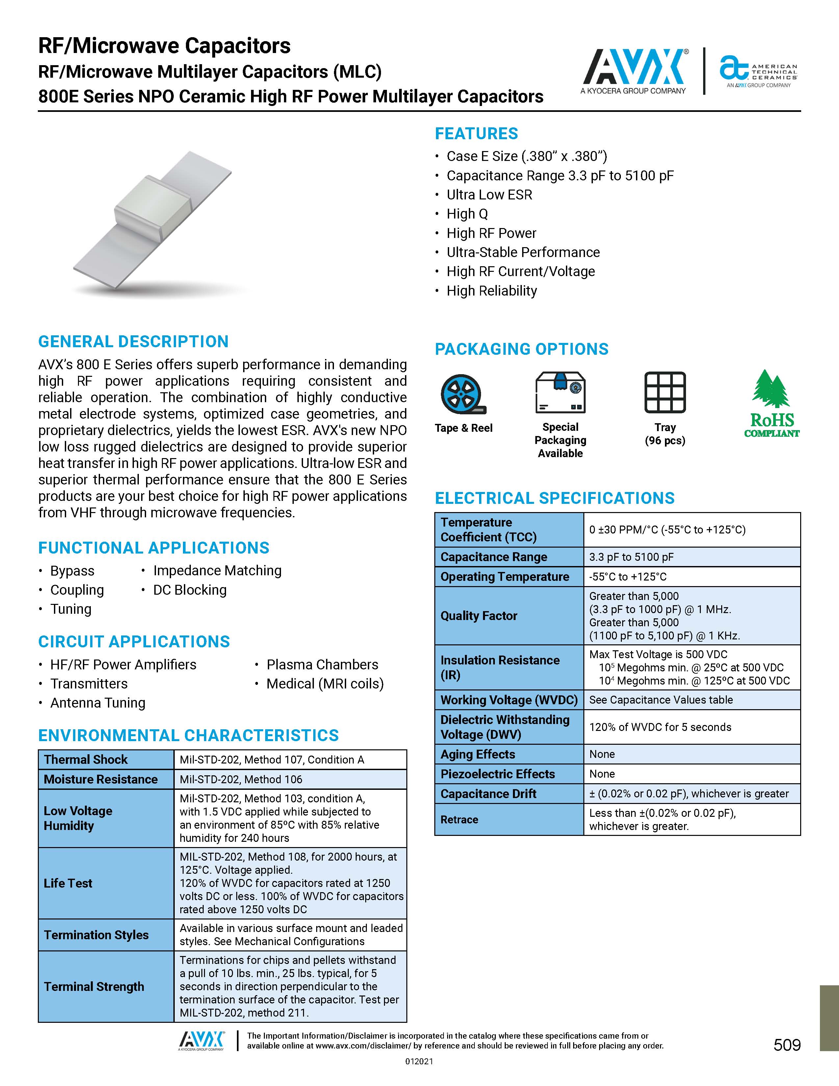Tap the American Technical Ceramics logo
758,72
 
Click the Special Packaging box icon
560,393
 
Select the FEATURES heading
476,134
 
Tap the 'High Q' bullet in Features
467,214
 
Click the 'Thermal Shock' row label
86,759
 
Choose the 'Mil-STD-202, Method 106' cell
241,779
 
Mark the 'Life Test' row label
68,883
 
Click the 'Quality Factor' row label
479,616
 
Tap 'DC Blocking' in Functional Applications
190,590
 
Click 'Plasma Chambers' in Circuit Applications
322,664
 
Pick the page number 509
787,1045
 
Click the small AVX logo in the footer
201,1040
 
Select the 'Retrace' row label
459,819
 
